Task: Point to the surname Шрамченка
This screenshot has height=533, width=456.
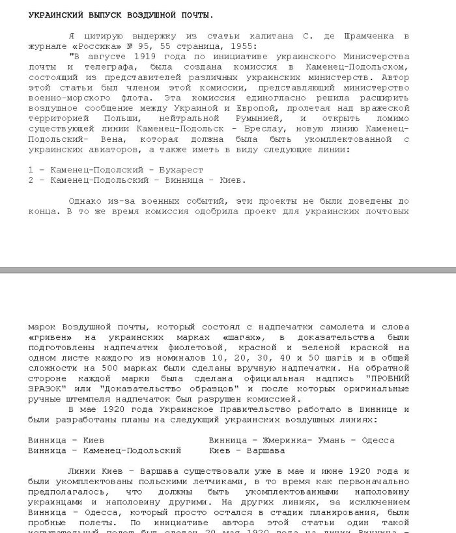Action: (x=367, y=35)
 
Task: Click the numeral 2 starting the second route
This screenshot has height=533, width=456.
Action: (x=31, y=180)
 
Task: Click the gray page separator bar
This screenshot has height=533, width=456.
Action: (x=228, y=269)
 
